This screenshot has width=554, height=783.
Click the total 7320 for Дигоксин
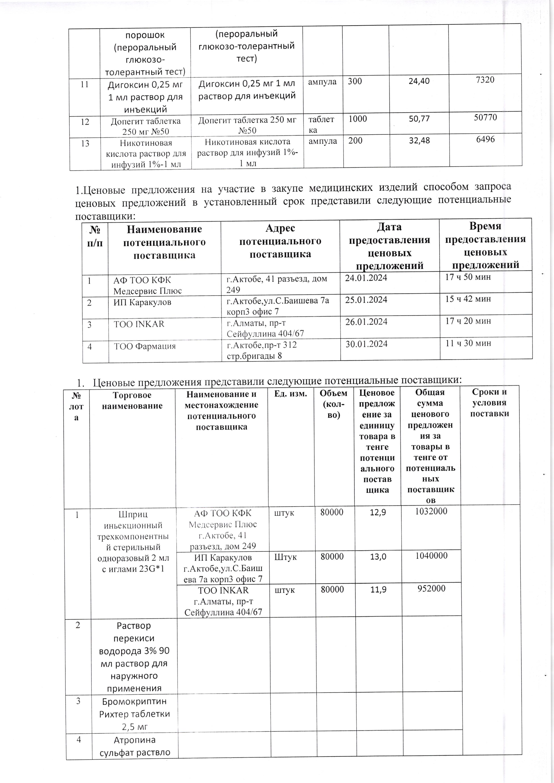(x=485, y=80)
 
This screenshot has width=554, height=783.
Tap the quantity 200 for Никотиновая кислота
(x=355, y=140)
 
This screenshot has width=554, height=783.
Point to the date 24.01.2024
(x=366, y=278)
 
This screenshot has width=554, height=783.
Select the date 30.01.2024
(x=367, y=344)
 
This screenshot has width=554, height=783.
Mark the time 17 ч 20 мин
(x=468, y=321)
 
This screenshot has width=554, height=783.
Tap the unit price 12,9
(x=378, y=512)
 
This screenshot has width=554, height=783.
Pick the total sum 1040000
(x=431, y=555)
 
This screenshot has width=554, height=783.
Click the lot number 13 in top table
(x=85, y=143)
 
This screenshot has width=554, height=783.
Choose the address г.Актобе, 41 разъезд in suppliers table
(x=277, y=284)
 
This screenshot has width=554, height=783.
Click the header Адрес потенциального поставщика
(x=280, y=241)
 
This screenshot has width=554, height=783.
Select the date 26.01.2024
(x=366, y=322)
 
